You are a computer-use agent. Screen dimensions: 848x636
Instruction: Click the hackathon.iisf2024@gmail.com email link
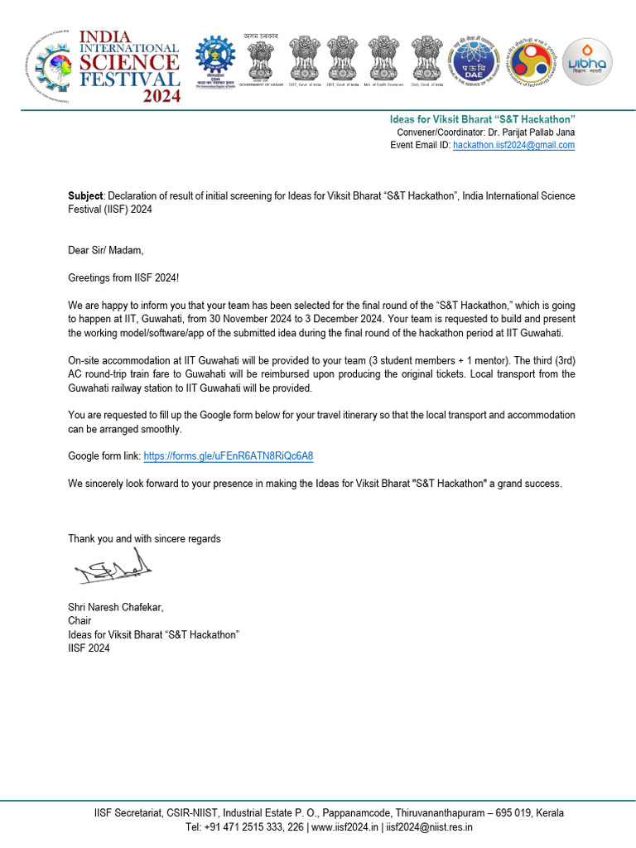[513, 145]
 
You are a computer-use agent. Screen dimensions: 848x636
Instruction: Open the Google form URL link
[229, 456]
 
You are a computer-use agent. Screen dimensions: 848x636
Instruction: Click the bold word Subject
[86, 196]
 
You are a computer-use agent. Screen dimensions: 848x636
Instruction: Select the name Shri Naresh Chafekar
[115, 607]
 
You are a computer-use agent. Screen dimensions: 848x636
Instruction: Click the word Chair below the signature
[79, 620]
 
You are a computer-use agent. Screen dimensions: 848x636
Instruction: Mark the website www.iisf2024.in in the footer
[344, 826]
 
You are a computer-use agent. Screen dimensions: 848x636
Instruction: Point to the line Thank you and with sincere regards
[144, 538]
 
